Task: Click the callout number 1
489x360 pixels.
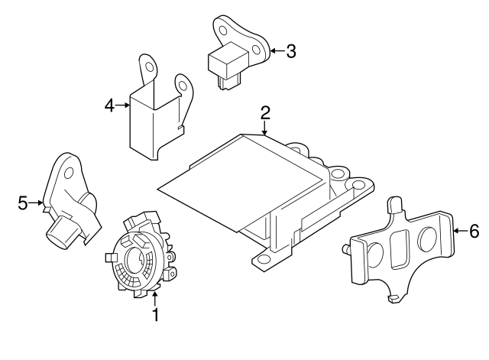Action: [x=155, y=314]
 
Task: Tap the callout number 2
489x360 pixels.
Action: [x=265, y=113]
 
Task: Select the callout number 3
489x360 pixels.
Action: [x=291, y=51]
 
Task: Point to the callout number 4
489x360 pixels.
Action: [x=109, y=105]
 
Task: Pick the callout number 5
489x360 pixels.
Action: [x=23, y=203]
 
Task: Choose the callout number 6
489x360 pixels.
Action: [x=474, y=231]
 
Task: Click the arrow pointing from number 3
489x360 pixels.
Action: [x=277, y=51]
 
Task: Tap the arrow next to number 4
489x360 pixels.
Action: [x=122, y=105]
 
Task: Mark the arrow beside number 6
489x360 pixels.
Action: [x=460, y=231]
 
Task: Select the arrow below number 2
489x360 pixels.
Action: [x=265, y=128]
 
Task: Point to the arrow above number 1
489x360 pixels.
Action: [x=154, y=298]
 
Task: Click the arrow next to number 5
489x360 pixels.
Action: [x=36, y=203]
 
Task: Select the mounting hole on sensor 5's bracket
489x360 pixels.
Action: [x=69, y=173]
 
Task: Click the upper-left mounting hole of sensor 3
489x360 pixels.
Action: [x=223, y=31]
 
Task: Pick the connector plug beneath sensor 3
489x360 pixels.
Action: [x=229, y=83]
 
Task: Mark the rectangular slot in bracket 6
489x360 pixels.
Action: [x=400, y=249]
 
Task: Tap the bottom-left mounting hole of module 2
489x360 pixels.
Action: [x=264, y=258]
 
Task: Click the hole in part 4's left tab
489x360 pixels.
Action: [x=150, y=68]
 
